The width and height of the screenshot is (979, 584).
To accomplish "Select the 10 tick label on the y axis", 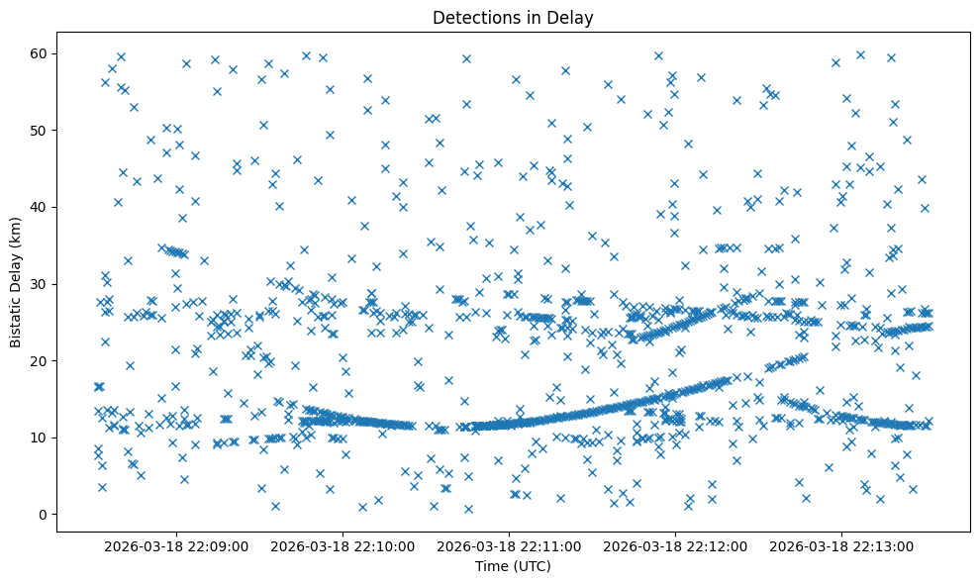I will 42,438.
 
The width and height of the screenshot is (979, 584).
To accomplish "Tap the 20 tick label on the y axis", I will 42,360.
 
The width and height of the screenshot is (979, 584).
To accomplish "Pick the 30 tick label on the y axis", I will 42,284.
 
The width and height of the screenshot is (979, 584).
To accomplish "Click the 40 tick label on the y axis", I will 42,207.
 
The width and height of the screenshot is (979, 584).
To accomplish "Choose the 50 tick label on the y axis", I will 42,130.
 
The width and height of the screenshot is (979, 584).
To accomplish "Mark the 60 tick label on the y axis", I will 42,53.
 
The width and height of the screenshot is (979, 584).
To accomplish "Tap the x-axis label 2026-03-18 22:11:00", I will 511,545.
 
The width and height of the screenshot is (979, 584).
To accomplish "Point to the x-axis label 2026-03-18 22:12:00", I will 677,545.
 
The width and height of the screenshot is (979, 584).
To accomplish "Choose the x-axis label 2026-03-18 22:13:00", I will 843,545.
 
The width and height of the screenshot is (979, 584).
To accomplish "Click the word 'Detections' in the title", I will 473,18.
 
